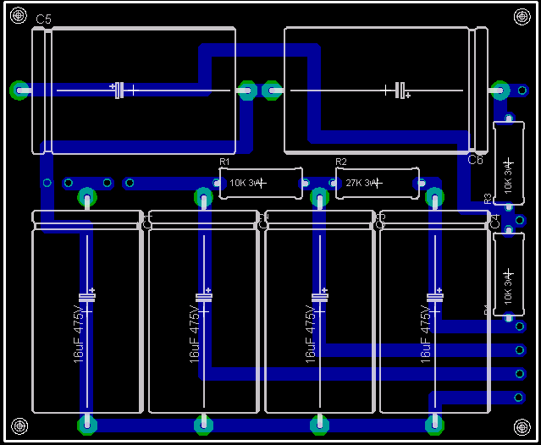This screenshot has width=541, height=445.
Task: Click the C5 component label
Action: (x=44, y=19)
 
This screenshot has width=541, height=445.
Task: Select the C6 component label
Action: (x=475, y=159)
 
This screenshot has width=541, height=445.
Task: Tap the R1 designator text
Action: (x=224, y=161)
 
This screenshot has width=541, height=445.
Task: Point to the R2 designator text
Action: (x=341, y=161)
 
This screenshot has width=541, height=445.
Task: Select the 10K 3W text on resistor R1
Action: (x=246, y=183)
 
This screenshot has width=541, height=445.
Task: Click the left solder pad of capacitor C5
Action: (x=19, y=89)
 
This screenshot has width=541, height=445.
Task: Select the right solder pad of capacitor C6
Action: (x=499, y=89)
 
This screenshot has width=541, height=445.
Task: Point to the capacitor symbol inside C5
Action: (x=119, y=89)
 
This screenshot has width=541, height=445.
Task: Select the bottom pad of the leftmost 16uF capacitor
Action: (x=86, y=422)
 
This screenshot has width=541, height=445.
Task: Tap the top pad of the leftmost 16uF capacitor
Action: (x=86, y=198)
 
